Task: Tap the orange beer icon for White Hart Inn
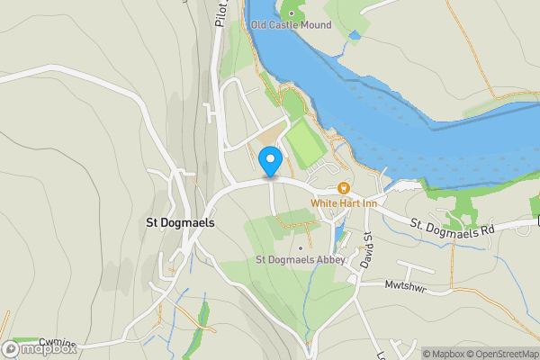click(343, 188)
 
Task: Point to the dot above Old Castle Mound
click(291, 13)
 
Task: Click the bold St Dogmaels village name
click(181, 223)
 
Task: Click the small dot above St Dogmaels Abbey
click(300, 248)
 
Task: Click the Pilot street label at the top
click(220, 13)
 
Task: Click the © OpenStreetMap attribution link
click(507, 354)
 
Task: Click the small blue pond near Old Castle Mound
click(355, 36)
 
